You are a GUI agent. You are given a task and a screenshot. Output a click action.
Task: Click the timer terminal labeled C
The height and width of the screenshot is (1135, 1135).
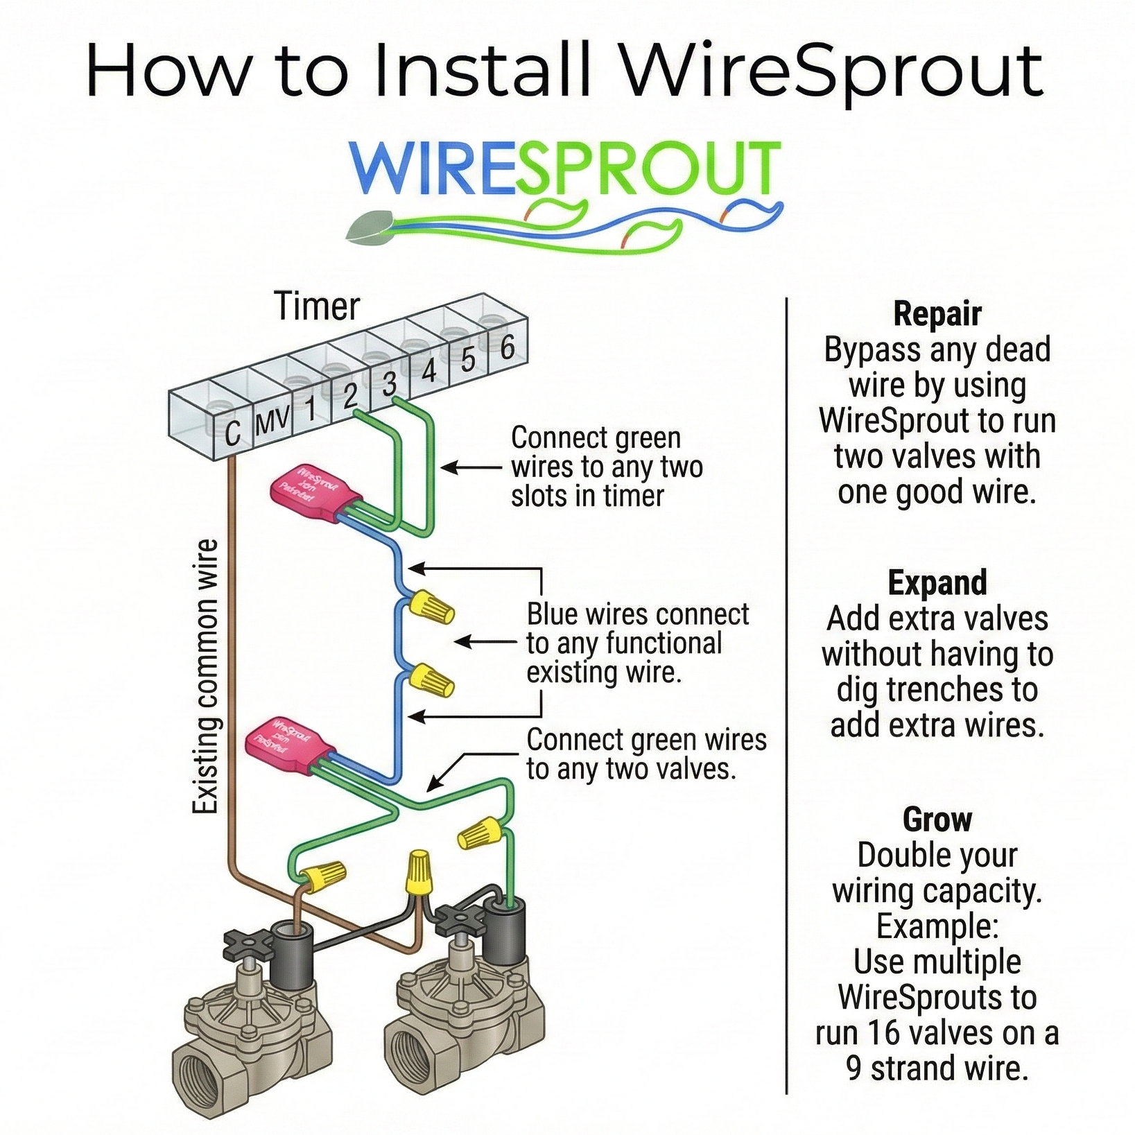coord(232,432)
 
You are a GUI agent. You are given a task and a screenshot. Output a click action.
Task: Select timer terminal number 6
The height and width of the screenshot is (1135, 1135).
coord(508,347)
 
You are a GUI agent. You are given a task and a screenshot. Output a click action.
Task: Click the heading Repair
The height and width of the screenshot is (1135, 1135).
coord(937,314)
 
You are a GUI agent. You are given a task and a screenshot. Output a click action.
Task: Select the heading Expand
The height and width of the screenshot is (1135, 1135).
coord(937,582)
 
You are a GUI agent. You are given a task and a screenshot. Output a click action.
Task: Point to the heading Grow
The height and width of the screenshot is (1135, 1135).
coord(937,820)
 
